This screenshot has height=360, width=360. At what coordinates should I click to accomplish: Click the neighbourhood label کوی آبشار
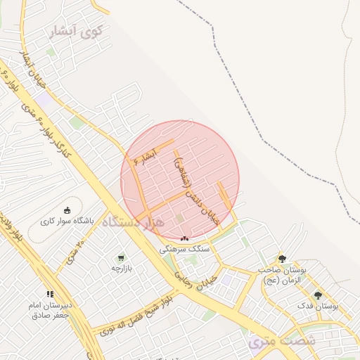pyautogui.click(x=77, y=32)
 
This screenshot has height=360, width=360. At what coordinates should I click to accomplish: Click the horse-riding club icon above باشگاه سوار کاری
pyautogui.click(x=67, y=210)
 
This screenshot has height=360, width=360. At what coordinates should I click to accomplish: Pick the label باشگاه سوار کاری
pyautogui.click(x=68, y=221)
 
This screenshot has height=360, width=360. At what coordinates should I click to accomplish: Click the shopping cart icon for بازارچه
pyautogui.click(x=121, y=257)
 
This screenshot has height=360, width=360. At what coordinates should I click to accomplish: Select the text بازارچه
pyautogui.click(x=121, y=268)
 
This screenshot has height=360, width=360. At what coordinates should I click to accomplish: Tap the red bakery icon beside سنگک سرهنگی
pyautogui.click(x=184, y=239)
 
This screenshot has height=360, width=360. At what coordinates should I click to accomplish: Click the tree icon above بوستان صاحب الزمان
pyautogui.click(x=282, y=259)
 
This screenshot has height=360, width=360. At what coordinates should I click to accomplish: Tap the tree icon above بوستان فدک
pyautogui.click(x=318, y=295)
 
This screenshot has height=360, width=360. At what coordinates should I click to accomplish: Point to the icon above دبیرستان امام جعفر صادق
pyautogui.click(x=49, y=294)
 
